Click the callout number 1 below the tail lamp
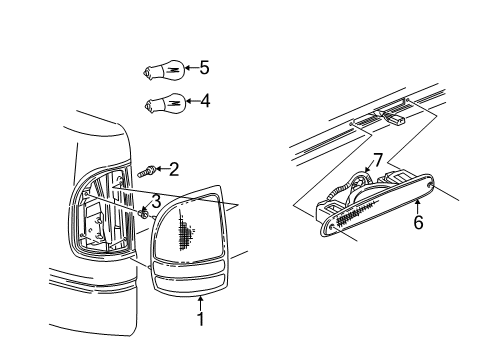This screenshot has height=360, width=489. (x=201, y=319)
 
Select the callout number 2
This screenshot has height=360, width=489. (x=174, y=169)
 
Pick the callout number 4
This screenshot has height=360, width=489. (x=204, y=100)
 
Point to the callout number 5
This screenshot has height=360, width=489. (x=204, y=68)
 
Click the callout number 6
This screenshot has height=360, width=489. (x=418, y=222)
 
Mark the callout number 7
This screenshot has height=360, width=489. (x=378, y=159)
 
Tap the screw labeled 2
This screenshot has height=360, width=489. (x=145, y=172)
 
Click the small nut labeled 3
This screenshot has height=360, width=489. (x=144, y=211)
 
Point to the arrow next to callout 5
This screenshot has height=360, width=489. (x=190, y=69)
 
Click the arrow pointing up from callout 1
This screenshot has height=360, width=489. (x=201, y=302)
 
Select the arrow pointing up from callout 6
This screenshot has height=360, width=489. (x=417, y=206)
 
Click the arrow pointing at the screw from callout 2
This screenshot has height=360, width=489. (x=160, y=170)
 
